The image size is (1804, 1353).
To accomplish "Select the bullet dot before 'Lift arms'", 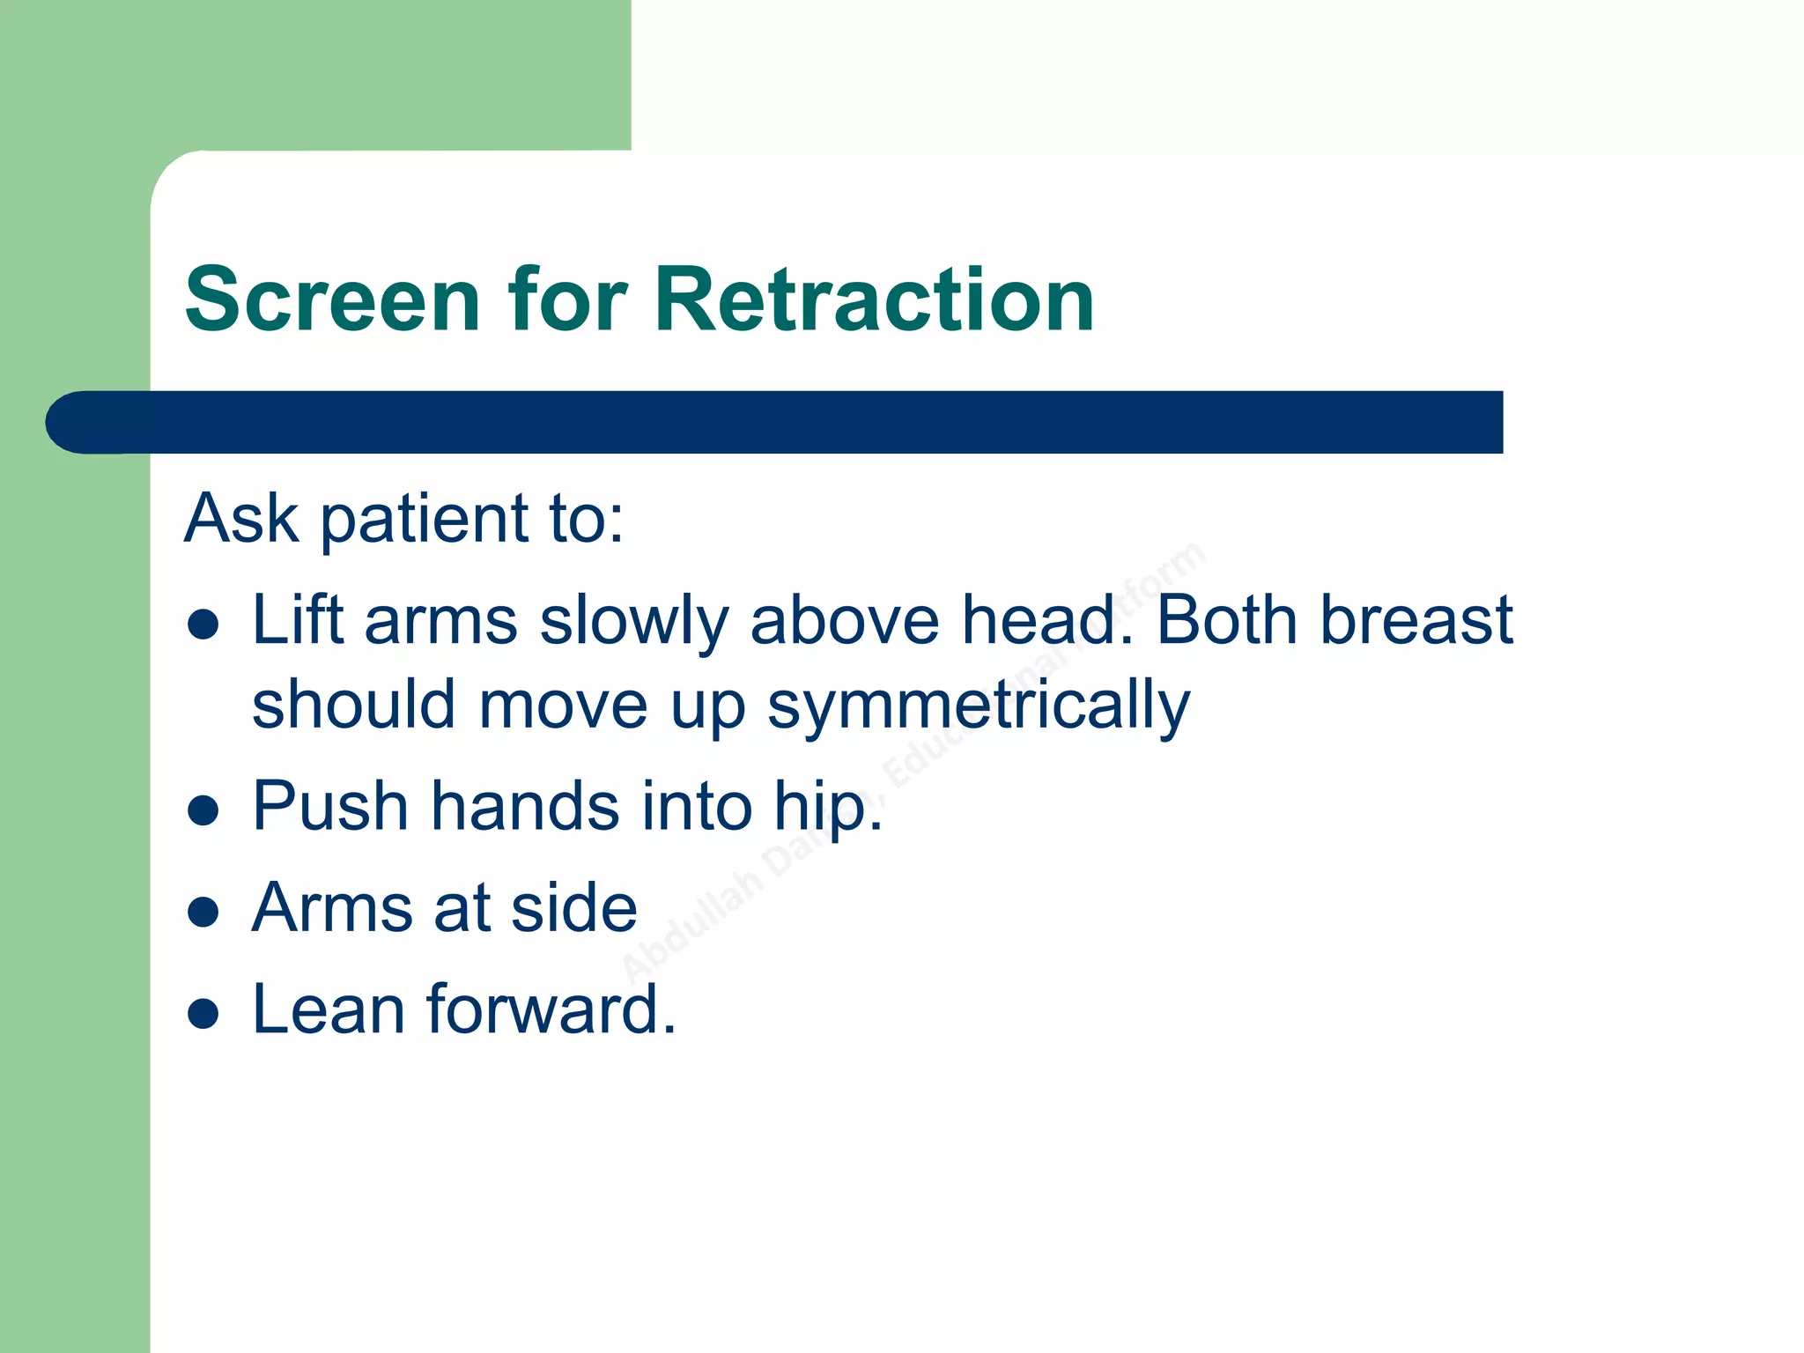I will tap(203, 625).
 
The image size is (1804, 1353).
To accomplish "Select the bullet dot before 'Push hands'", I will tap(203, 810).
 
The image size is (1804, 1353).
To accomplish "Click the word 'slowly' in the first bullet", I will tap(634, 622).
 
